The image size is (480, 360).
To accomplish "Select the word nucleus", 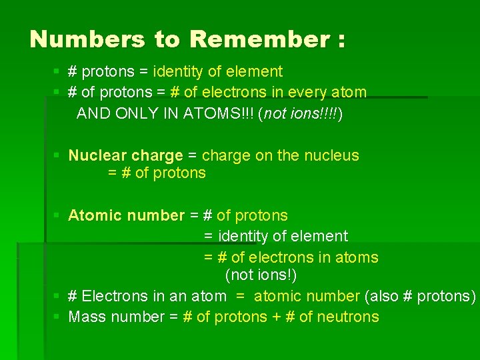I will pos(331,155).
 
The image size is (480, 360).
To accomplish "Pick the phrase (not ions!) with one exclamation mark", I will pos(261,275).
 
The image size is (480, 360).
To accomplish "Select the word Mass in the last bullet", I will pos(86,317).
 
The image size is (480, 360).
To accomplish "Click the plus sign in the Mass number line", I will pos(276,317).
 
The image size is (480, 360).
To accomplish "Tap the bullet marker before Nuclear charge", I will pos(57,156).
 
